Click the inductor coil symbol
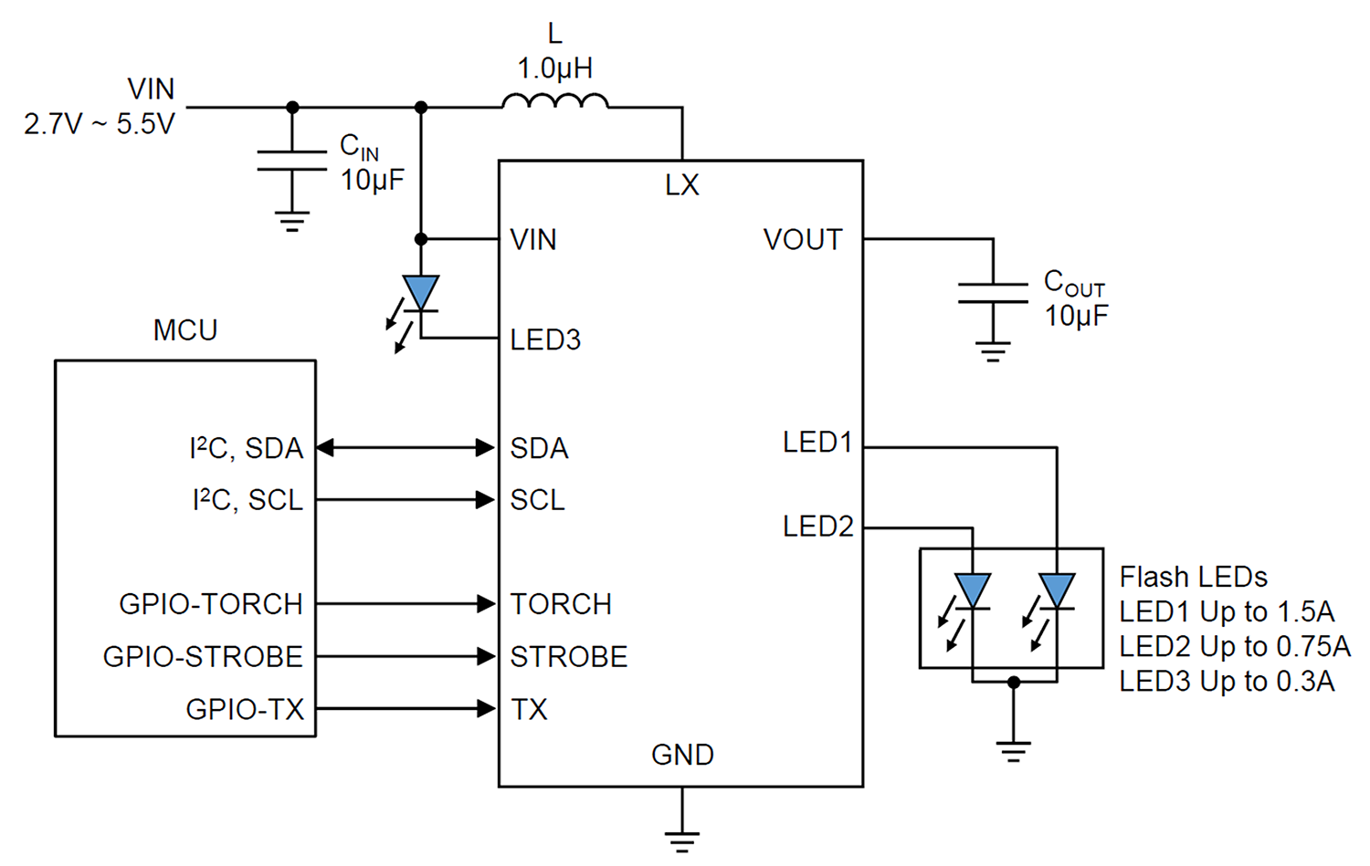(554, 101)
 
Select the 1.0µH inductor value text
(554, 68)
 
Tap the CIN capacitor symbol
(291, 160)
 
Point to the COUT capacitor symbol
(993, 293)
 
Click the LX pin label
(682, 184)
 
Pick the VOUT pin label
(803, 240)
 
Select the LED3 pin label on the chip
(545, 339)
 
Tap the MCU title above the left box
(185, 330)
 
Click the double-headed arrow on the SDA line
(406, 448)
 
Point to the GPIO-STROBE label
(203, 657)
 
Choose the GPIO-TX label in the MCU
(245, 710)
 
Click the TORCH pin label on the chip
(561, 604)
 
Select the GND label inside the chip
(682, 756)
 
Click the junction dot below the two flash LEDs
(1014, 682)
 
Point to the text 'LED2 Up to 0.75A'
(1234, 647)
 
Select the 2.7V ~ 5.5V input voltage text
(99, 124)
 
